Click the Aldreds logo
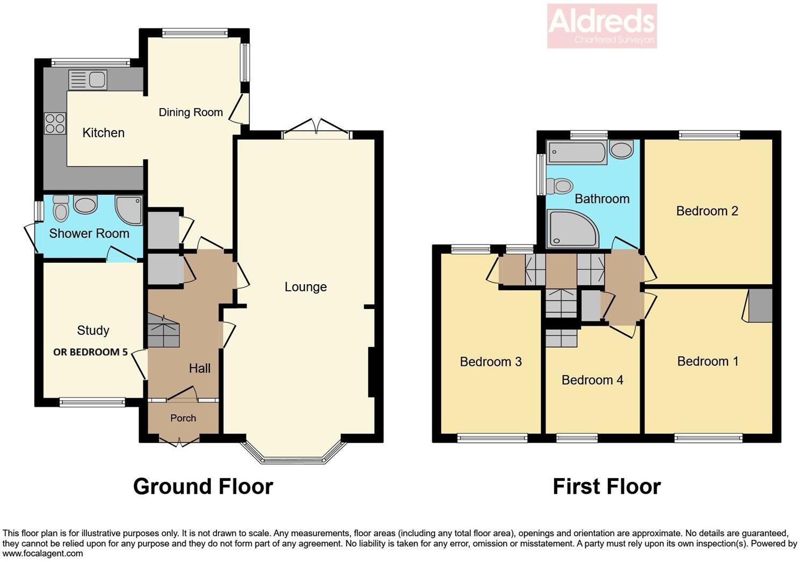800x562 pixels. [x=602, y=26]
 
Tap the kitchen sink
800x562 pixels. [x=88, y=80]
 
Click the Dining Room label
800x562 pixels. [x=191, y=112]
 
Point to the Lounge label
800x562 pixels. [x=306, y=287]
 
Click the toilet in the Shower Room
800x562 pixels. [x=61, y=208]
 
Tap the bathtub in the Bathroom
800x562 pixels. [x=576, y=153]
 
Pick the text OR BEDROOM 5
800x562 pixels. [x=90, y=352]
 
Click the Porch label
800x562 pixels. [x=183, y=418]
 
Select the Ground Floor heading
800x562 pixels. [x=203, y=486]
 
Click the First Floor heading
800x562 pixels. [x=607, y=486]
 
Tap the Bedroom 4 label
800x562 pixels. [x=592, y=380]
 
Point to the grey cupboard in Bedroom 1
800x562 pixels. [x=760, y=305]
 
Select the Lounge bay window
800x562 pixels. [x=294, y=454]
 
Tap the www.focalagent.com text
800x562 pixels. [x=43, y=553]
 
